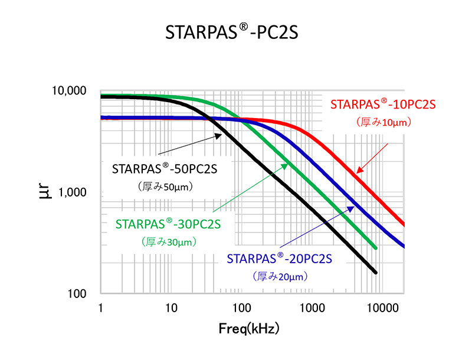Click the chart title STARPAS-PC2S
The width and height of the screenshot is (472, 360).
[x=231, y=33]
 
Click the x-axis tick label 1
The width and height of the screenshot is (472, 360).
[x=101, y=307]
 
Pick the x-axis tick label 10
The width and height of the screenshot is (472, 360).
[x=171, y=307]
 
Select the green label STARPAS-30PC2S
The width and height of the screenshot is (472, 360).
[x=168, y=224]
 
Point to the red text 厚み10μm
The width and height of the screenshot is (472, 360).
[x=383, y=122]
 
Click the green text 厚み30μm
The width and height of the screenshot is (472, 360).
[x=169, y=241]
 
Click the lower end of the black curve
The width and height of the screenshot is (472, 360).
[x=375, y=272]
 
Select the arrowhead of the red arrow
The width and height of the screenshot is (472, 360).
[x=358, y=172]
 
